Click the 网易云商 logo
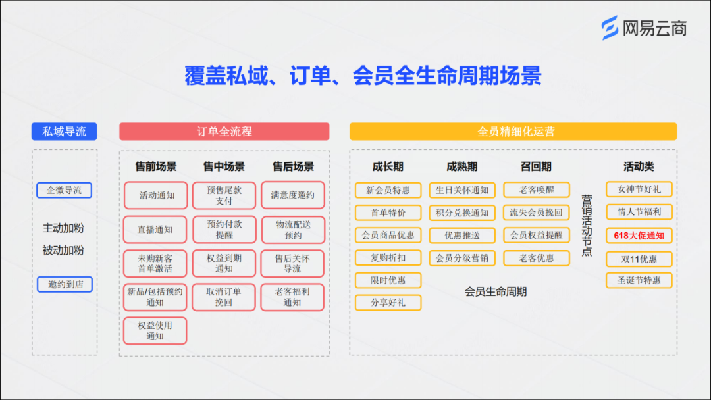tap(645, 28)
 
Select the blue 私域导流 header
tap(65, 132)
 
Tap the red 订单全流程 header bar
tap(224, 132)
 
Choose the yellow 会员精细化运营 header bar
tap(513, 132)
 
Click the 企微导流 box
tap(65, 191)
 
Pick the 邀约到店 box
tap(65, 285)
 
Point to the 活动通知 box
tap(156, 195)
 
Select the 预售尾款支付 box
tap(224, 195)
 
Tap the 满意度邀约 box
tap(292, 195)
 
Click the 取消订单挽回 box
tap(224, 297)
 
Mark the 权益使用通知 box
tap(155, 331)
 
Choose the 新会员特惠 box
tap(388, 191)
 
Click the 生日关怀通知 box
tap(462, 191)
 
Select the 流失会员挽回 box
tap(536, 213)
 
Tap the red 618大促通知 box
tap(639, 236)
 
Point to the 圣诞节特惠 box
tap(639, 280)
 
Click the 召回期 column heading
tap(536, 167)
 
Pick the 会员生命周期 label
tap(496, 291)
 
